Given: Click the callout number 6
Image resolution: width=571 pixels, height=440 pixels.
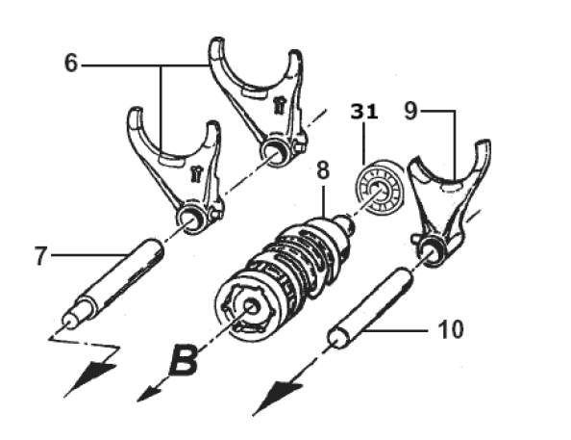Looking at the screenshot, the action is pyautogui.click(x=71, y=63).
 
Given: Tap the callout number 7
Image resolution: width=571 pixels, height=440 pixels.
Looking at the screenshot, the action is pyautogui.click(x=40, y=256).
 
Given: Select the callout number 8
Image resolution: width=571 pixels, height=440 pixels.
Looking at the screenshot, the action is pyautogui.click(x=323, y=170).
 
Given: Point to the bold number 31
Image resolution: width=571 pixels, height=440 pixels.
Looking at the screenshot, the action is pyautogui.click(x=364, y=112).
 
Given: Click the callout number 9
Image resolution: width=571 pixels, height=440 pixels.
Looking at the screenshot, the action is pyautogui.click(x=410, y=111).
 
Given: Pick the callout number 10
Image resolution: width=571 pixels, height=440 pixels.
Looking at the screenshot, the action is pyautogui.click(x=451, y=329).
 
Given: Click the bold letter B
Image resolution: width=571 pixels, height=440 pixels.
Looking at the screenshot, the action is pyautogui.click(x=185, y=361).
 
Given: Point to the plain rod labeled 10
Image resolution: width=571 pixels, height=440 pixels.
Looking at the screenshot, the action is pyautogui.click(x=371, y=307).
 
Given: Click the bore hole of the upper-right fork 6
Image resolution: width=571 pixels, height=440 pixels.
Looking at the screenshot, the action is pyautogui.click(x=275, y=152).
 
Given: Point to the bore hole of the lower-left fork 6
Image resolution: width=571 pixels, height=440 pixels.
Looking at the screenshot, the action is pyautogui.click(x=189, y=221).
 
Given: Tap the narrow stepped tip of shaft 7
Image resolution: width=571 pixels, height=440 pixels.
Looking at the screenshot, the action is pyautogui.click(x=69, y=322).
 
